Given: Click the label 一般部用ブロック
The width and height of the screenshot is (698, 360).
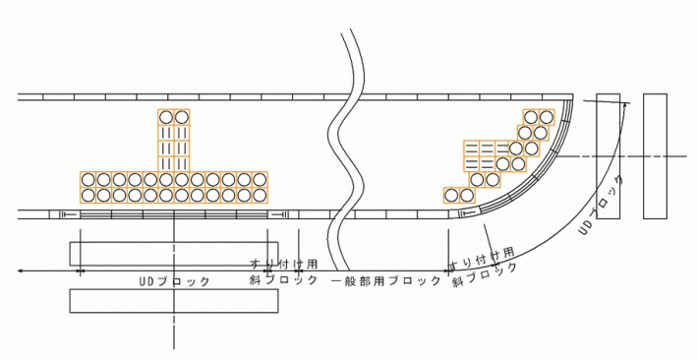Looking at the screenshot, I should (385, 281).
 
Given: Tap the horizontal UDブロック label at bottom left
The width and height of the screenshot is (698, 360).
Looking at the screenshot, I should (177, 281).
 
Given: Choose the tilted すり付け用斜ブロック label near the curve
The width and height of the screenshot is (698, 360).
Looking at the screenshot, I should (483, 269).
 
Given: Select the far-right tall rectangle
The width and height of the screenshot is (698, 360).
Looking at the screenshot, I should (656, 157).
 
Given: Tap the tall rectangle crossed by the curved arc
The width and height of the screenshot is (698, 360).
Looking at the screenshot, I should (608, 157).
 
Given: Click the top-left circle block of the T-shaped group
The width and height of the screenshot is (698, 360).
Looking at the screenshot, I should (166, 117).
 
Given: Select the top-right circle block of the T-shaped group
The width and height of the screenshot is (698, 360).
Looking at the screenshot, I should (181, 117).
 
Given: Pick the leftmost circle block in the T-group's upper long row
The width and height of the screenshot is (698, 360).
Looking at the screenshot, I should (88, 179).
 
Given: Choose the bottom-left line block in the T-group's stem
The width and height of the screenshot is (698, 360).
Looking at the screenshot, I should (166, 162).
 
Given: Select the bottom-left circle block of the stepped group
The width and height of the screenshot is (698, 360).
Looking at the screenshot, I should (451, 194).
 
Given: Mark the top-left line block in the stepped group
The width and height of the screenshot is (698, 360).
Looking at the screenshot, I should (471, 149).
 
